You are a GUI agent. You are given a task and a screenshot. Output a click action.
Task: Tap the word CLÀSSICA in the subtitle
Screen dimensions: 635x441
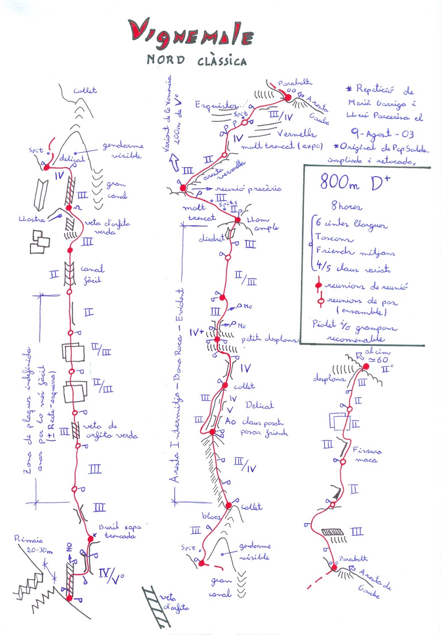[x=222, y=61]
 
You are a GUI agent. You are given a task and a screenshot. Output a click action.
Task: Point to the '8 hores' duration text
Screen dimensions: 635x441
[x=347, y=206]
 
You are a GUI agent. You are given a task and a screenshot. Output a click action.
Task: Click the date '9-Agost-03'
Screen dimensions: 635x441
[x=382, y=134]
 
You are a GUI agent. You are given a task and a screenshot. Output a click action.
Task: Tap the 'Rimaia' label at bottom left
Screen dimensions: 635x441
[x=29, y=539]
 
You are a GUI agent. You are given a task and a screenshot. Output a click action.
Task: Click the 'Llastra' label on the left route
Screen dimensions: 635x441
[x=32, y=219]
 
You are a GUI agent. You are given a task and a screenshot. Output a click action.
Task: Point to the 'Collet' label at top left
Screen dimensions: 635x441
[x=85, y=90]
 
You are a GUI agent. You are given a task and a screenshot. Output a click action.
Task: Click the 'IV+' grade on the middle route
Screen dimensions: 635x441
[x=196, y=332]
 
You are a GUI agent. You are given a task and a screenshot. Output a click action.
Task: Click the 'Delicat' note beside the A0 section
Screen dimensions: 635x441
[x=259, y=405]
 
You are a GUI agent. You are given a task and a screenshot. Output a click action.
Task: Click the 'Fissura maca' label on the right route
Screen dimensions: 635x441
[x=367, y=455]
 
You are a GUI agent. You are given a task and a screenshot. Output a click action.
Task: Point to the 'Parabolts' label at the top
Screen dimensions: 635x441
[x=295, y=83]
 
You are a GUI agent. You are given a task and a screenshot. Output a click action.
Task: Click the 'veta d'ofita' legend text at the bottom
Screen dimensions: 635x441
[x=174, y=602]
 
